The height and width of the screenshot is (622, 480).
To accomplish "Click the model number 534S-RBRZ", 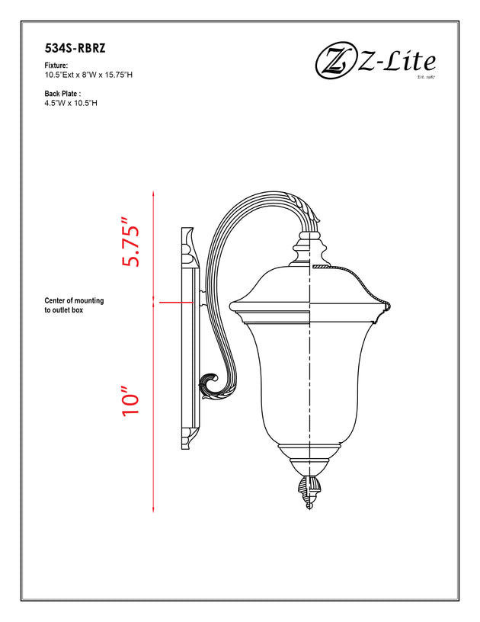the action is pos(75,48).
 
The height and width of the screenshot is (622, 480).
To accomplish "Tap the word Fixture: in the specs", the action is pos(56,66).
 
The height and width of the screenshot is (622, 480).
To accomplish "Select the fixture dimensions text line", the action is pos(88,75).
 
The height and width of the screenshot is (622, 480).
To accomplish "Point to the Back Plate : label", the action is pos(62,94).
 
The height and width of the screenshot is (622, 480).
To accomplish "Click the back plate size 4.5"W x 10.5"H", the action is pos(71,103).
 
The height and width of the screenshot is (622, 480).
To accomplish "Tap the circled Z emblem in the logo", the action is pos(335,63).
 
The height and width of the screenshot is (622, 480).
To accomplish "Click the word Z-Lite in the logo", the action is pos(396,62).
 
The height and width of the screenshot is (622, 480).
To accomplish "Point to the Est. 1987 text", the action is pos(427,76).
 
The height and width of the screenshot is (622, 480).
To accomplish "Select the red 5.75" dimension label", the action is pos(131,242).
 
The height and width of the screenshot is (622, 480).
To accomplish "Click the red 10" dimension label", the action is pos(131,400).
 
